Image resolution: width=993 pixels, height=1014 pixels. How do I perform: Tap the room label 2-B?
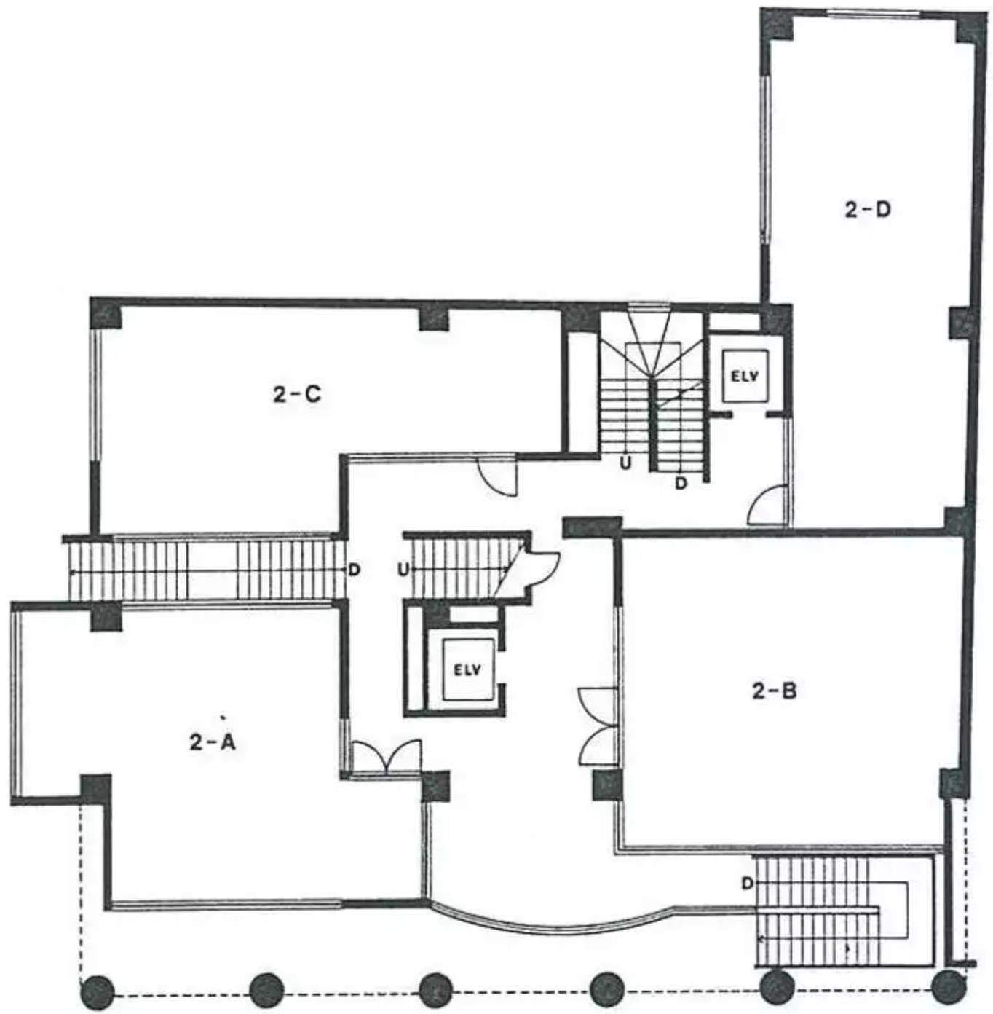pyautogui.click(x=774, y=691)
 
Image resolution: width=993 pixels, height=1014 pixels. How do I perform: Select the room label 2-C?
pyautogui.click(x=297, y=394)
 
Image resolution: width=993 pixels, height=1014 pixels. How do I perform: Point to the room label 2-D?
pyautogui.click(x=868, y=210)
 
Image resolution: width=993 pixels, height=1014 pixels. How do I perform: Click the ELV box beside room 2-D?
pyautogui.click(x=744, y=376)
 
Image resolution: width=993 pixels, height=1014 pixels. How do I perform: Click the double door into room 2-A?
pyautogui.click(x=387, y=756)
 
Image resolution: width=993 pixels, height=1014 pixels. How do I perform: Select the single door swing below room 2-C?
pyautogui.click(x=498, y=477)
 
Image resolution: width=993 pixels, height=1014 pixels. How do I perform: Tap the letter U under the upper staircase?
pyautogui.click(x=625, y=463)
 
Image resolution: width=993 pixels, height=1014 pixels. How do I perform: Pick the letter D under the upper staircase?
pyautogui.click(x=681, y=483)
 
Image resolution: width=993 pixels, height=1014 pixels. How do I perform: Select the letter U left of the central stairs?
pyautogui.click(x=403, y=570)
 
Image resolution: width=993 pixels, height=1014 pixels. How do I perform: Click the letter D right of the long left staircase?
pyautogui.click(x=355, y=569)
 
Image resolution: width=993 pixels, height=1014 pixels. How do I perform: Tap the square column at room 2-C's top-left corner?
pyautogui.click(x=107, y=314)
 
